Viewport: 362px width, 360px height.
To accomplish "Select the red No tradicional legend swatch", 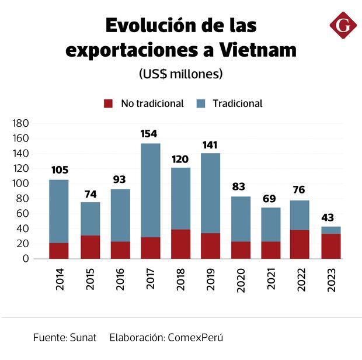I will click(x=109, y=103).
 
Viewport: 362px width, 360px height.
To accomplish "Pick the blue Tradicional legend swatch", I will click(x=201, y=103).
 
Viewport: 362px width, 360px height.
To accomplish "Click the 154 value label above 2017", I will click(x=149, y=134).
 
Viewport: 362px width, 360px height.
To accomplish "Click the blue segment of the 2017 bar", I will click(x=149, y=190).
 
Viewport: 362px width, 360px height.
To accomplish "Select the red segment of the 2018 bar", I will click(x=180, y=244).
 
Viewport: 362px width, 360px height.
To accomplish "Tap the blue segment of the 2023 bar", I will click(x=331, y=230).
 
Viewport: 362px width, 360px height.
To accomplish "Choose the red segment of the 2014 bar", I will click(x=58, y=251).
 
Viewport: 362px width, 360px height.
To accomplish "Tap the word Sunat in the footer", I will click(x=83, y=338).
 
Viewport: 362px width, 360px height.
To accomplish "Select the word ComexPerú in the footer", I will click(x=195, y=338).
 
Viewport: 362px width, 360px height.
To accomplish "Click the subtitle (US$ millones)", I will click(x=181, y=74).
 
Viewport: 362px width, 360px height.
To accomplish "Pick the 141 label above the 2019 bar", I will click(x=211, y=144).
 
